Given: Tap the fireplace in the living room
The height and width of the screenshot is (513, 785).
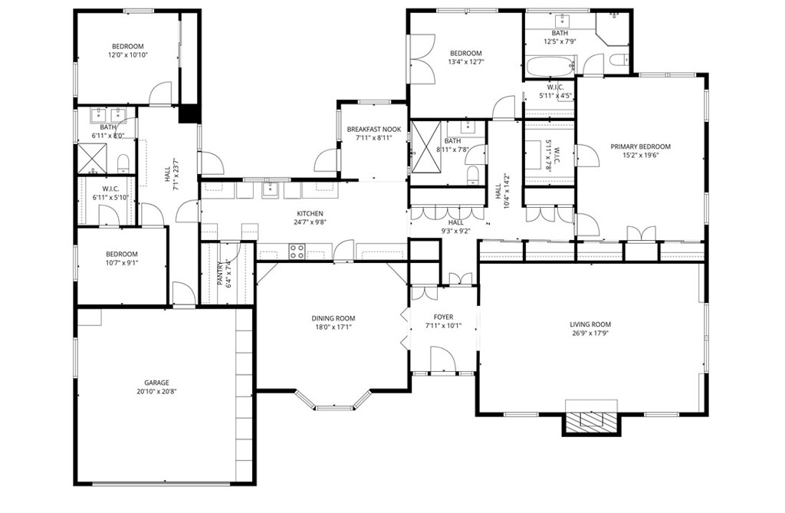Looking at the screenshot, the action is point(591,419).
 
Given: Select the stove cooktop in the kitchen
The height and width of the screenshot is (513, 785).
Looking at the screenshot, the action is point(297,251).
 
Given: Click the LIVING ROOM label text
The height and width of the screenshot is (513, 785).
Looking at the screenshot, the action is point(591,324).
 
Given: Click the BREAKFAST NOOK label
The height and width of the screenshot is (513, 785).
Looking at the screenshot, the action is point(374,130).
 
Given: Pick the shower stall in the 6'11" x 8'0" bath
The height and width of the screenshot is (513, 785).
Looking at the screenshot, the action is point(92,159).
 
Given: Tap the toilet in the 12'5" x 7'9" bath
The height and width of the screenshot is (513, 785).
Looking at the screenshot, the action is point(619,60).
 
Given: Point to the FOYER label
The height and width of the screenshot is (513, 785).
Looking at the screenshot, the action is point(443,317).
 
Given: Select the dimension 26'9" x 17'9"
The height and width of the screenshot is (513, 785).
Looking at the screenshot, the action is point(591,333).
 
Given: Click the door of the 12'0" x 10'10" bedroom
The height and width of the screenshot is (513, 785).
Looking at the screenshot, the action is point(161,94).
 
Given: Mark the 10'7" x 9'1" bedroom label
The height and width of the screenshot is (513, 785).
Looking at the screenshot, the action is point(122,254).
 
